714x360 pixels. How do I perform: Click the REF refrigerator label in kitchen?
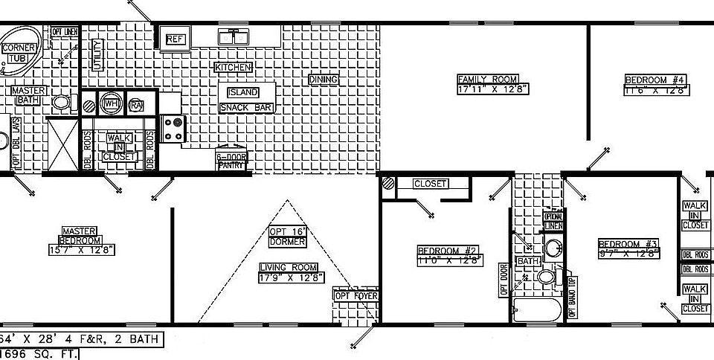(175, 39)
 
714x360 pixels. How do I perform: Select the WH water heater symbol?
(112, 103)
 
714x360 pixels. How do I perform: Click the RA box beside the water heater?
(136, 104)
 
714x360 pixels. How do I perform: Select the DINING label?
(324, 80)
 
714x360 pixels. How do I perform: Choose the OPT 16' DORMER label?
(287, 237)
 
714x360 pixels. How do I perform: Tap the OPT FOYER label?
(356, 296)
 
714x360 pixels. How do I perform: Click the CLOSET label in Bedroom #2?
(430, 183)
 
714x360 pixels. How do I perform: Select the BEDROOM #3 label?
(629, 244)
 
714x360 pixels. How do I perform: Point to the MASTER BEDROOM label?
(80, 236)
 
